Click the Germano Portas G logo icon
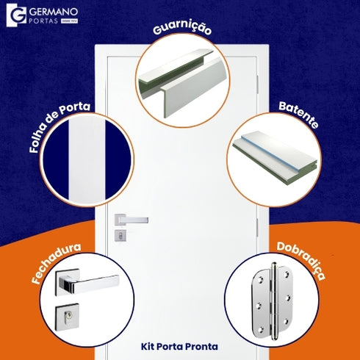point(15,15)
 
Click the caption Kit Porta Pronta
point(179,345)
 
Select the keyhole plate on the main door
point(120,235)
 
